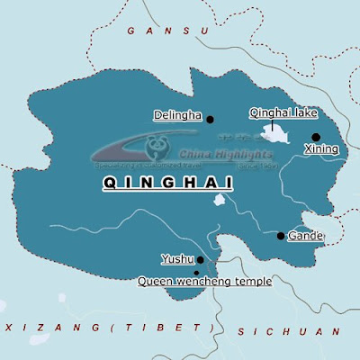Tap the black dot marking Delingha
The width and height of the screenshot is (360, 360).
pos(210,119)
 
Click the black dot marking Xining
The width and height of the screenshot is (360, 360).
pos(316,137)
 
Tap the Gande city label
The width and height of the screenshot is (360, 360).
pos(305,236)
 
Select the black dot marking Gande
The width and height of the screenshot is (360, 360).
pos(281,236)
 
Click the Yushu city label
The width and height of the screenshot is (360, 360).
pos(177,259)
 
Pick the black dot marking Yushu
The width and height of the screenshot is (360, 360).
pos(201,260)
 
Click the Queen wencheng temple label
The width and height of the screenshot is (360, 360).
pos(204,281)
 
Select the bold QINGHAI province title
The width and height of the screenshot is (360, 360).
pos(168,184)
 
